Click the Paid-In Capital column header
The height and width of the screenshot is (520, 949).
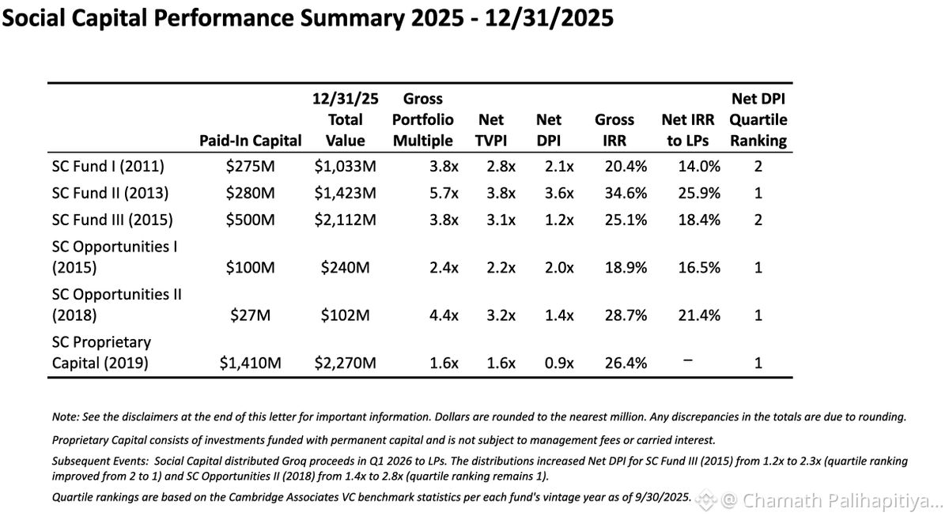(251, 141)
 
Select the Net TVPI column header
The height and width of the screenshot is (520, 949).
(491, 130)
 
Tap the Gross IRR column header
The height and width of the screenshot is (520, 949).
(614, 130)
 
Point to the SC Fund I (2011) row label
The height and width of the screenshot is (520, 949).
(108, 166)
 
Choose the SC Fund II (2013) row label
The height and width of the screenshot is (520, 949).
(110, 193)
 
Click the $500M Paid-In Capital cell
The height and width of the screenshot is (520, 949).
(251, 220)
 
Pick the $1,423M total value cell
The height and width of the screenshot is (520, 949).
(346, 193)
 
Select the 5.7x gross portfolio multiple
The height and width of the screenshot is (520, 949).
(444, 193)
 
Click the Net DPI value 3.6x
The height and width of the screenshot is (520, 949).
(559, 193)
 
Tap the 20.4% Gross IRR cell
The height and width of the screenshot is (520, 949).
(626, 166)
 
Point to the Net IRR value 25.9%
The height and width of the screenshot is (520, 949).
(699, 193)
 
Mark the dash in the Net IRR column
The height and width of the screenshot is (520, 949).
(688, 360)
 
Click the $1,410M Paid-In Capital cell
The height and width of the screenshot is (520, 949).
(251, 363)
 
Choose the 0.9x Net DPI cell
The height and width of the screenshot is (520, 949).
(559, 363)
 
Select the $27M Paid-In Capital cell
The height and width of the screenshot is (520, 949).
(251, 315)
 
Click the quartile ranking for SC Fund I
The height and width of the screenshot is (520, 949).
(758, 166)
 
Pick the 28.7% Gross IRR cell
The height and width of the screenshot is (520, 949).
(626, 315)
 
